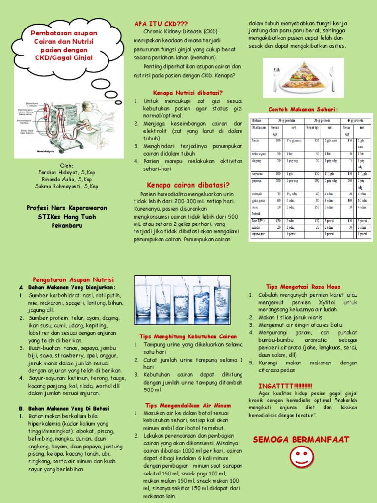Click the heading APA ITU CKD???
pos(162,24)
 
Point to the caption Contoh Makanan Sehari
pos(303,109)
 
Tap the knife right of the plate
pos(332,78)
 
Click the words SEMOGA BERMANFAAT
pos(300,439)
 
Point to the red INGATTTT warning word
pos(285,385)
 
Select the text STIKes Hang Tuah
pos(67,217)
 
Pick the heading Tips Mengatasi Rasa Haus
pos(302,286)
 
